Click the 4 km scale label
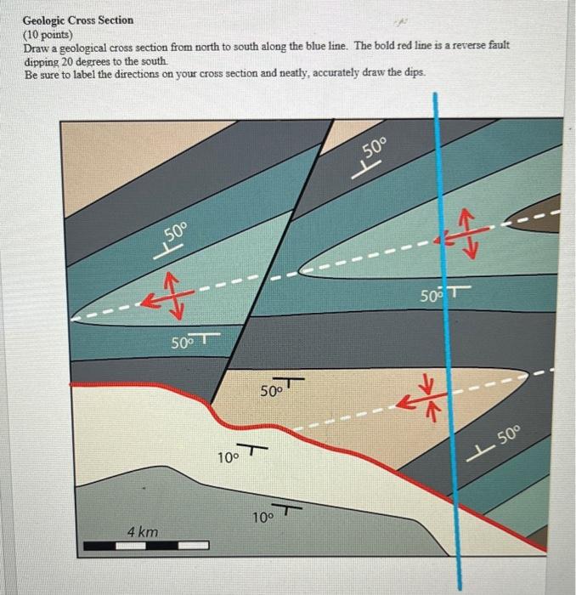click(x=142, y=531)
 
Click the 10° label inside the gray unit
click(x=264, y=516)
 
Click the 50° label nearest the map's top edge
click(x=374, y=151)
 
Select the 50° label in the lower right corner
click(x=508, y=439)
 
